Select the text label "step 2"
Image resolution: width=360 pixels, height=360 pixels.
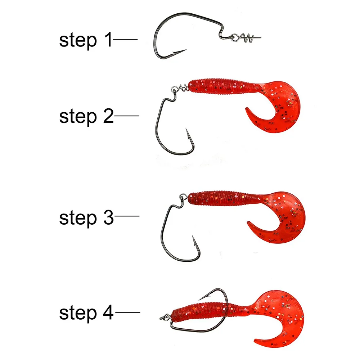[86, 116]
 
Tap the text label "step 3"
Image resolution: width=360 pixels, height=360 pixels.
[86, 217]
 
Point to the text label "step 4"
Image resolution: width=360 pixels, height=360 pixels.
[86, 313]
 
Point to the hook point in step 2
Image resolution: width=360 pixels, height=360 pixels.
[187, 130]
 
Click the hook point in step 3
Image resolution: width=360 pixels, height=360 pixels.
[193, 238]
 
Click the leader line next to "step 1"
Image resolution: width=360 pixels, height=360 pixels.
[125, 39]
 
